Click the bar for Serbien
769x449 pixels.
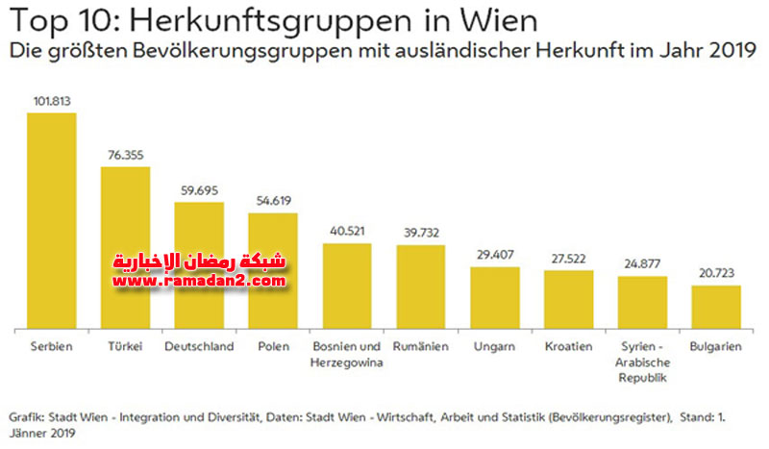point(52,221)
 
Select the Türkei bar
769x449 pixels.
point(125,248)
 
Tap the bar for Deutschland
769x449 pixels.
point(199,265)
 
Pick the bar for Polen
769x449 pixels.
point(273,270)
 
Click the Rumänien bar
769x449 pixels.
point(420,287)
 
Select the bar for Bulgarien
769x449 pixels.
point(715,307)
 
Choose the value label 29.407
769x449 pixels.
point(494,256)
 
